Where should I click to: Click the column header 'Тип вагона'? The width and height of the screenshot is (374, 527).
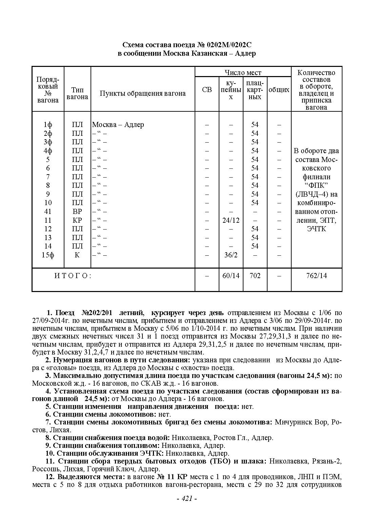coord(77,93)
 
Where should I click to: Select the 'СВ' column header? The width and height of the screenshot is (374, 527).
coord(207,90)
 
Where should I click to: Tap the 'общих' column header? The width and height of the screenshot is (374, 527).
coord(279,90)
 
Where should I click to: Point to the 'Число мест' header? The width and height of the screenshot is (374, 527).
coord(243,72)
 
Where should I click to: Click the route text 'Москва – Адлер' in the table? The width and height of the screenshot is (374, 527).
coord(118,125)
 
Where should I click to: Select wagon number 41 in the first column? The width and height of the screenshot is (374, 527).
coord(48,212)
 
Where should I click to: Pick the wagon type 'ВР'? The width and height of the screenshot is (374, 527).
coord(77,212)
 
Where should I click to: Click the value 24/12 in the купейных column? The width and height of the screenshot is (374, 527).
coord(231,220)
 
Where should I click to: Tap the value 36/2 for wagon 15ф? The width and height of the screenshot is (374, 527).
coord(231,255)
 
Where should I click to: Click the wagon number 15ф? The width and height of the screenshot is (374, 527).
coord(48,255)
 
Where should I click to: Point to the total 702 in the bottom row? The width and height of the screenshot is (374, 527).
coord(255,276)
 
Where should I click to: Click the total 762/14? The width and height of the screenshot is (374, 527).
coord(316,276)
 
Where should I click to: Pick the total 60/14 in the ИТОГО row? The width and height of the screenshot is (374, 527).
coord(231,276)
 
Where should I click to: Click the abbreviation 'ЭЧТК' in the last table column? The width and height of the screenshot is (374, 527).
coord(316,229)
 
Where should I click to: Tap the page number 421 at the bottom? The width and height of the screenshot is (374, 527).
coord(187,498)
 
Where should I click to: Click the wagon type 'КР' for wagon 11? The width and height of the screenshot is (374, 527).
coord(77,220)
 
